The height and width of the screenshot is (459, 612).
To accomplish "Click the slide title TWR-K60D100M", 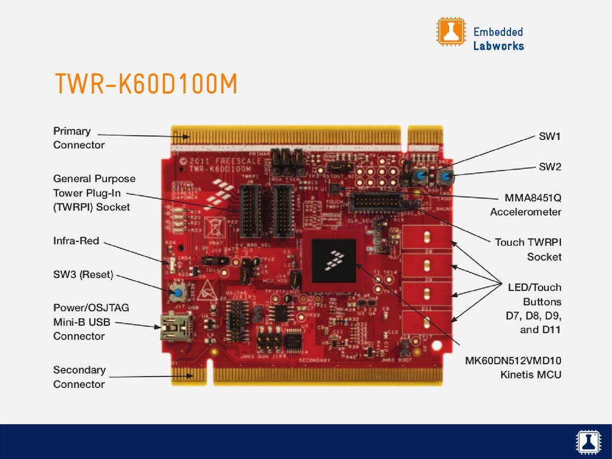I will tap(146, 85).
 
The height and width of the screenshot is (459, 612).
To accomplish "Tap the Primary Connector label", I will tap(78, 138).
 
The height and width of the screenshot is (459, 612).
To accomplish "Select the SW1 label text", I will tap(550, 137).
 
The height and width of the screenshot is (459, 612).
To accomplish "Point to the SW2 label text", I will tap(550, 167).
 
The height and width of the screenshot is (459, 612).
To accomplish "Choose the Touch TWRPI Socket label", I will tap(528, 249).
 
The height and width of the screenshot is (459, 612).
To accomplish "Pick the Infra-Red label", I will tap(76, 241).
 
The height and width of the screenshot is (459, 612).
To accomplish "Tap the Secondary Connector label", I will tap(79, 377).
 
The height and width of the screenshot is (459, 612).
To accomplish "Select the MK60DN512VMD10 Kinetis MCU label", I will tap(513, 368).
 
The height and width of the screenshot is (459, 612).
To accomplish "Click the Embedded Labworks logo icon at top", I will tap(451, 32).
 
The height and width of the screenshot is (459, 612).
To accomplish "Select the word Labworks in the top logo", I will tap(498, 46).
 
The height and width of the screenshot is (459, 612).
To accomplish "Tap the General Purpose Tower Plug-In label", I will tap(94, 192).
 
